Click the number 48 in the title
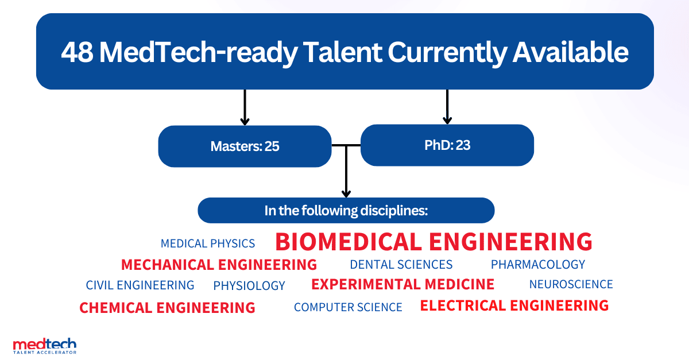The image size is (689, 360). click(77, 52)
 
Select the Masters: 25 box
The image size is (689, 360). click(245, 146)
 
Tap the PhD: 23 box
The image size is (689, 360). click(447, 145)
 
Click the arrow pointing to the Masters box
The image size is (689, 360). click(245, 107)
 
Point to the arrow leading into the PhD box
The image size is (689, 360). click(447, 107)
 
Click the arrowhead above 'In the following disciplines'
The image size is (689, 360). click(346, 193)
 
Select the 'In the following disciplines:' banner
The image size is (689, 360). click(346, 211)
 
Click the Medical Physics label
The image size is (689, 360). click(208, 243)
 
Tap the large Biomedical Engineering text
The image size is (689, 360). click(433, 242)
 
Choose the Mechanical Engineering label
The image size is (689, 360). click(219, 265)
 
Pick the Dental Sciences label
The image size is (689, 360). click(401, 265)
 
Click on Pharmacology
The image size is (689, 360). click(538, 265)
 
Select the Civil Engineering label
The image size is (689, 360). click(140, 285)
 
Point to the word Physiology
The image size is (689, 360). click(249, 285)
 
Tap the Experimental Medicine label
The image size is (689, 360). click(403, 284)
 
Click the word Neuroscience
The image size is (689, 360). click(571, 284)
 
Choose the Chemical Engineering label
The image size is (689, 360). click(167, 308)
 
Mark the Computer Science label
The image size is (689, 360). click(348, 307)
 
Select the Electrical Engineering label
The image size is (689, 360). click(514, 305)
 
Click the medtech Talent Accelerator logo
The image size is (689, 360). click(45, 346)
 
